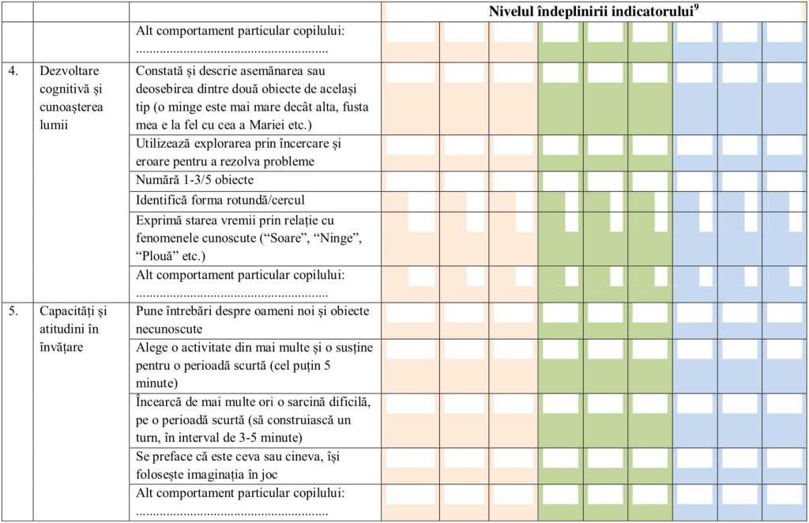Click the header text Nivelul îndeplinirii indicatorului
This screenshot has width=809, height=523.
click(x=591, y=12)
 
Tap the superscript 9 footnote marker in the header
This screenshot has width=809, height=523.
click(x=697, y=8)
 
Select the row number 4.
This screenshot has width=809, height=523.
click(x=13, y=70)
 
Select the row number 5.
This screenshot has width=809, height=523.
click(x=13, y=311)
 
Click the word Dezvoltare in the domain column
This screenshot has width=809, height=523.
click(x=70, y=70)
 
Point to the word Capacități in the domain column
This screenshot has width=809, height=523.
click(x=73, y=311)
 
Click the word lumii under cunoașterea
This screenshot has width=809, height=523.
click(x=54, y=125)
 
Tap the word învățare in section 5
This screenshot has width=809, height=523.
click(x=61, y=347)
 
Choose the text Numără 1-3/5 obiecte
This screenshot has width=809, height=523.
click(x=194, y=180)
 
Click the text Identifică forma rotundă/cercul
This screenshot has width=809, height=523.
click(x=220, y=200)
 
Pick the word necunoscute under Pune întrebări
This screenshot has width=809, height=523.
click(x=169, y=329)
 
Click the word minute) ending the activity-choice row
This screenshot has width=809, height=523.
click(x=157, y=383)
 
